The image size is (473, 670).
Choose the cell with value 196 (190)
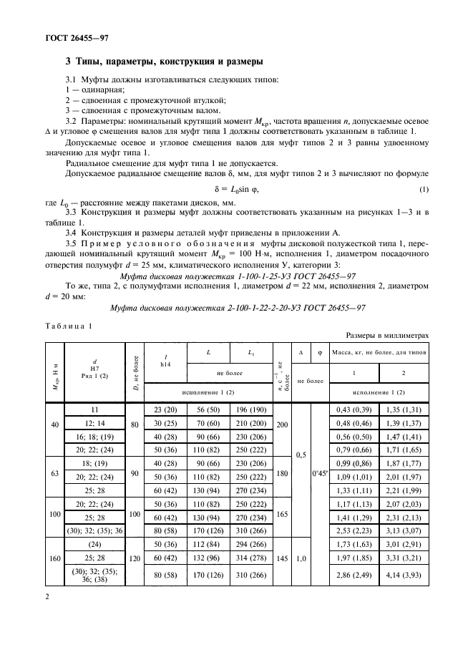pyautogui.click(x=251, y=409)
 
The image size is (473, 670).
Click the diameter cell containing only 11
pyautogui.click(x=94, y=409)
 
